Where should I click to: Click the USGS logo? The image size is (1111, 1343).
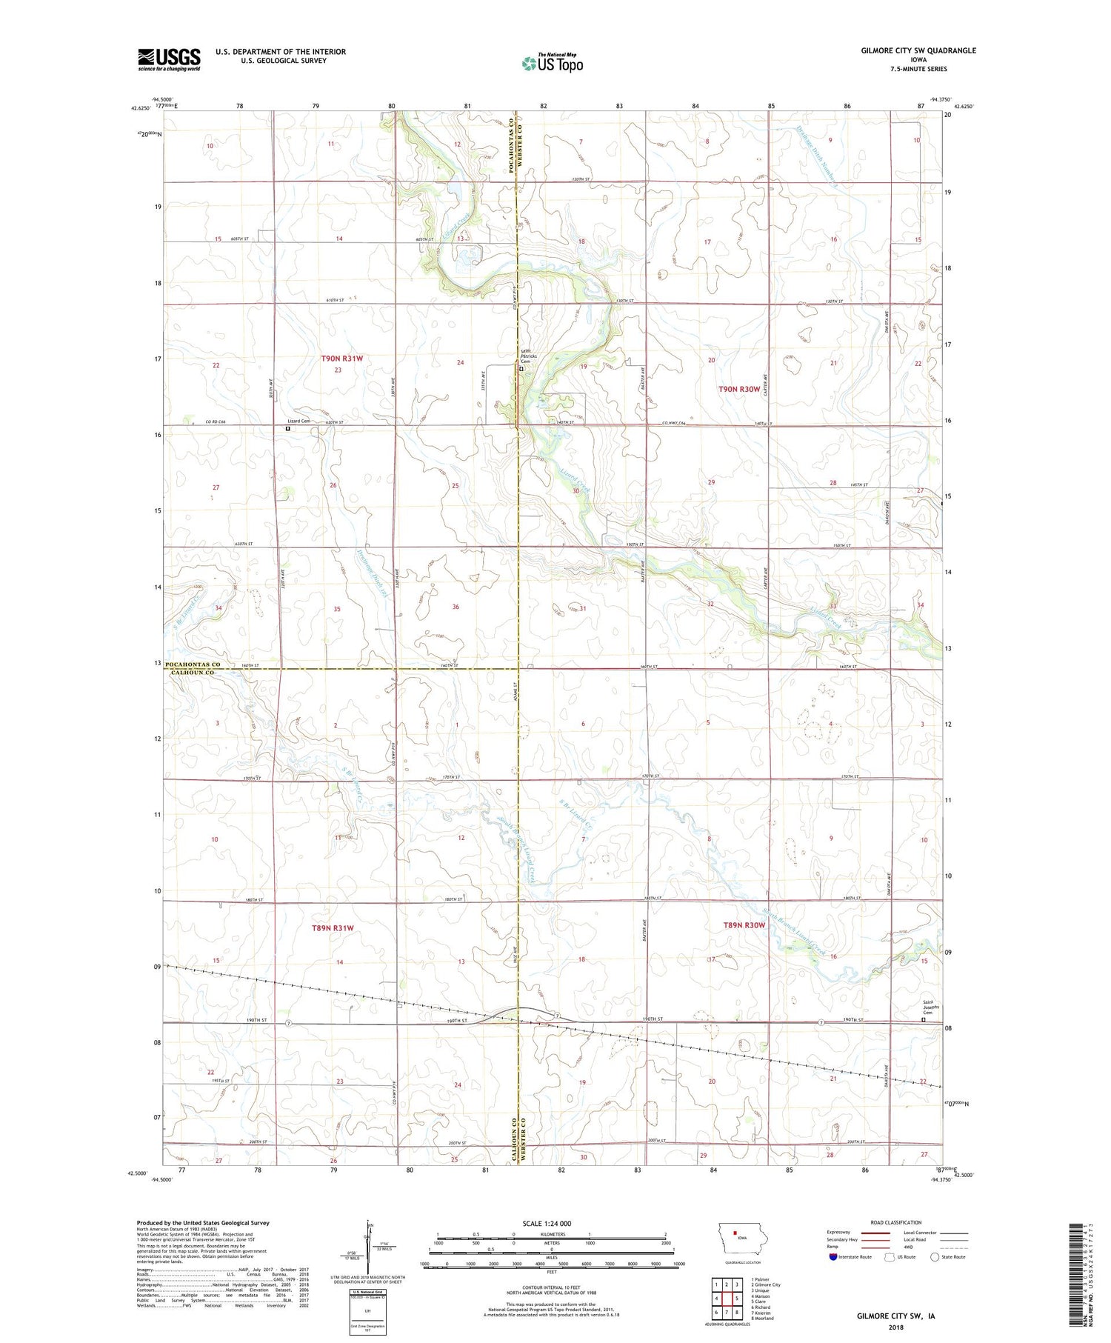coord(169,59)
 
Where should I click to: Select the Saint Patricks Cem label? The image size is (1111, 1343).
coord(527,356)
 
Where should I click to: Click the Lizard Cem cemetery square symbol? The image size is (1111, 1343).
coord(288,428)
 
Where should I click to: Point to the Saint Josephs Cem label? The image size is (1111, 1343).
coord(930,1008)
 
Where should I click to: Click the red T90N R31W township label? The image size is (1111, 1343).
coord(342,359)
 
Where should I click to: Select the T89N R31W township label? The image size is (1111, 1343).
coord(333,927)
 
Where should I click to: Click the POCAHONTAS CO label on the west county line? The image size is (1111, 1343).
coord(193,664)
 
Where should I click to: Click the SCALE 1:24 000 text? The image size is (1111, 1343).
coord(546,1223)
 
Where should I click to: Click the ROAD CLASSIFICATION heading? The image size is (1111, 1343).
coord(896,1222)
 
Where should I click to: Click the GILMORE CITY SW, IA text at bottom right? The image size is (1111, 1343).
coord(895,1316)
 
